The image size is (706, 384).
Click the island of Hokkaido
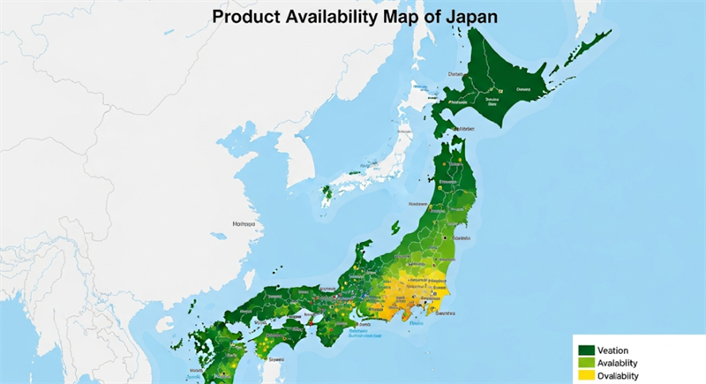(503, 84)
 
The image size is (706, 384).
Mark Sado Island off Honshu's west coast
(402, 185)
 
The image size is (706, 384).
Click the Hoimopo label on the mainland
(244, 224)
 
